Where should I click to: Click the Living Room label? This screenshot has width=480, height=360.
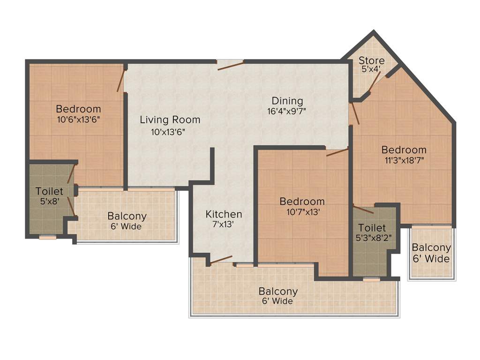click(x=170, y=120)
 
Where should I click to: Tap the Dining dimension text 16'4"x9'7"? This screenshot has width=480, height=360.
click(x=287, y=112)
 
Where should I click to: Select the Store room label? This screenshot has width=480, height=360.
click(x=371, y=60)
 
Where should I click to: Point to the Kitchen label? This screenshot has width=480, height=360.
click(x=224, y=214)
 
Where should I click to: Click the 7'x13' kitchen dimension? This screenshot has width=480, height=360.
click(x=223, y=225)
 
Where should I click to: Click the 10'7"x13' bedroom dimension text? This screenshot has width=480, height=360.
click(x=302, y=212)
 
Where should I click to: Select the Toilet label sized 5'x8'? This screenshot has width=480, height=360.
click(x=49, y=191)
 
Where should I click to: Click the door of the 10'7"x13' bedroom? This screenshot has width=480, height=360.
click(x=337, y=151)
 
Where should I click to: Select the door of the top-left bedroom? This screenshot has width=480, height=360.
click(x=121, y=79)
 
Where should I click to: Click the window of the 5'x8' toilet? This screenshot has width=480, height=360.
click(x=47, y=237)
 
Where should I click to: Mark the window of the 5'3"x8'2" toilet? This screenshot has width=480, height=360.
click(x=372, y=280)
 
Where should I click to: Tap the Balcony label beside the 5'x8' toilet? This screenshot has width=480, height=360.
click(x=127, y=217)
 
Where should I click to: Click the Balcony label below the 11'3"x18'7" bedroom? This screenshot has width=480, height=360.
click(x=431, y=248)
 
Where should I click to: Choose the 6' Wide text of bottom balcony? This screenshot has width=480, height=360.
click(x=278, y=301)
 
